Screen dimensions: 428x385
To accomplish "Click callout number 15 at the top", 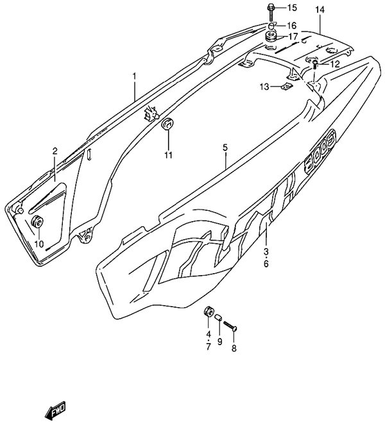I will (x=292, y=8).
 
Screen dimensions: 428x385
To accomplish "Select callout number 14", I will (x=320, y=9).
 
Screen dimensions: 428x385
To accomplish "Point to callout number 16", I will (x=292, y=25).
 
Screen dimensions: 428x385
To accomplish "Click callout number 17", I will (x=292, y=37).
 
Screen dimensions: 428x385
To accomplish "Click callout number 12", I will (x=334, y=64).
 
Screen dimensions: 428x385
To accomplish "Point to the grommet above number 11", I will (x=168, y=123).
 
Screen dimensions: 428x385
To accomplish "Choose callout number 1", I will (x=135, y=76).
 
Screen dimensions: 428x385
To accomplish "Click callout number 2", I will (x=55, y=152).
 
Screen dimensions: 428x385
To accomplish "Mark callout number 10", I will (x=38, y=244).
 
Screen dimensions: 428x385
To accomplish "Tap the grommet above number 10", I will (x=37, y=222).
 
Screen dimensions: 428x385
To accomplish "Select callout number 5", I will (x=225, y=148).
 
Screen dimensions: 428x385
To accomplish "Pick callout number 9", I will (x=219, y=341).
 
